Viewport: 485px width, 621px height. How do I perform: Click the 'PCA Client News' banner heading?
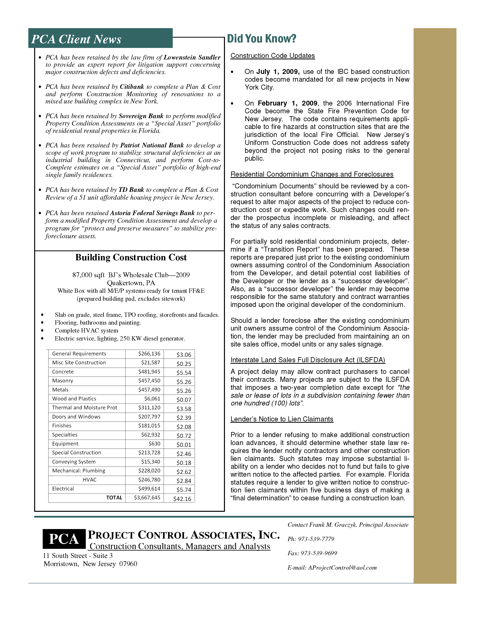[x=76, y=39]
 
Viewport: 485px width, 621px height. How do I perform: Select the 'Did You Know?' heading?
[x=261, y=39]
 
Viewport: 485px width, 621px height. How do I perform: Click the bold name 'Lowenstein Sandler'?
[x=192, y=57]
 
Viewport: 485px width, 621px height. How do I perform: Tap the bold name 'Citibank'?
[x=132, y=87]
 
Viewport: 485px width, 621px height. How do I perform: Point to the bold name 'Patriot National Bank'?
[x=152, y=145]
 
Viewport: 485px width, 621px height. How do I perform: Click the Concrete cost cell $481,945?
[x=149, y=372]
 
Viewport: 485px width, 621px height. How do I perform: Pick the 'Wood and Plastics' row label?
[x=74, y=399]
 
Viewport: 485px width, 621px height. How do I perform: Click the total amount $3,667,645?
[x=147, y=498]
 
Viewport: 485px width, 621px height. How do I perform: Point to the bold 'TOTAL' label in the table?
[x=114, y=498]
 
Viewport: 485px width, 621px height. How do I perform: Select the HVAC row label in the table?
[x=90, y=480]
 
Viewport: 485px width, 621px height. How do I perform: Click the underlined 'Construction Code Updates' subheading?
[x=272, y=56]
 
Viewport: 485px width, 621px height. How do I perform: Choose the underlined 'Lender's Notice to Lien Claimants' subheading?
[x=282, y=419]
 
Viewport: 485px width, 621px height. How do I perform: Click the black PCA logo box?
[x=64, y=539]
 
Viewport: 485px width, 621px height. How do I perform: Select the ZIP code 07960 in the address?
[x=128, y=564]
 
